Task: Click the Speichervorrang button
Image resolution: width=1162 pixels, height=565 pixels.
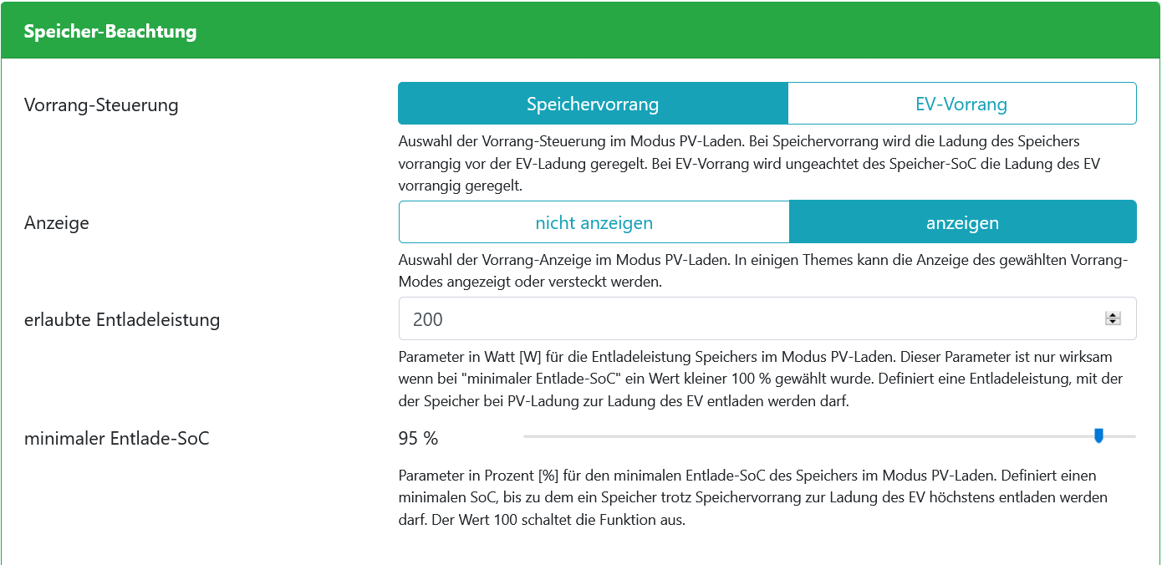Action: pos(593,104)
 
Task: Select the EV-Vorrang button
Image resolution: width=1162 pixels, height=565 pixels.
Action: pos(961,104)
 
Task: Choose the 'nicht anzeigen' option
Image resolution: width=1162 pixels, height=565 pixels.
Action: pos(594,223)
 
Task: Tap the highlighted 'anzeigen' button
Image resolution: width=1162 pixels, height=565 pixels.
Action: pos(962,223)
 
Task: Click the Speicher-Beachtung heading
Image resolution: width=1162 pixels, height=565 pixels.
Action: pos(110,32)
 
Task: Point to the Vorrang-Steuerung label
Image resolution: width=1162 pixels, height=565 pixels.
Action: pos(101,105)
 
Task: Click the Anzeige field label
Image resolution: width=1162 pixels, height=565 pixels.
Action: pos(57,223)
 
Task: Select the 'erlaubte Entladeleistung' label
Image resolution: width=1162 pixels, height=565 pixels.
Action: pos(122,319)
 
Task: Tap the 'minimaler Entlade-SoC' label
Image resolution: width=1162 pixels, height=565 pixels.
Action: pos(117,438)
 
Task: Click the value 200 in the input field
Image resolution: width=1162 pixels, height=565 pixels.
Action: pos(428,319)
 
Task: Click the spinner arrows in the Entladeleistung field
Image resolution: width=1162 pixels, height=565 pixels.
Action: pos(1113,318)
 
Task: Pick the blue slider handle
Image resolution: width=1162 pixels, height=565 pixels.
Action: pos(1099,435)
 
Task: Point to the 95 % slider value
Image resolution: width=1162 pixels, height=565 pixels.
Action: pos(419,438)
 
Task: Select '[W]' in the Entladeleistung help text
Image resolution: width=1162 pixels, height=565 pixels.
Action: pos(531,357)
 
